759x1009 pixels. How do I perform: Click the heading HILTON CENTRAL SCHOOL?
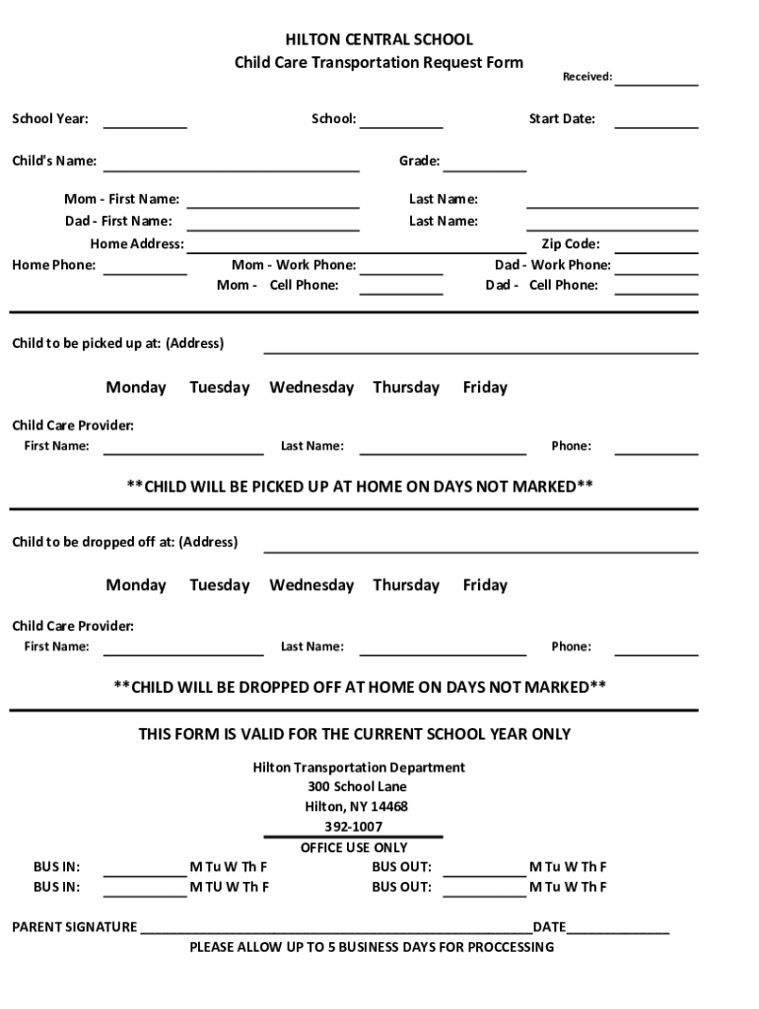(x=379, y=39)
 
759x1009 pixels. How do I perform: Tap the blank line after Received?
(x=655, y=79)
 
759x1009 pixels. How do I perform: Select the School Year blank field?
(x=145, y=121)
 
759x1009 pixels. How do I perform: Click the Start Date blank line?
(x=655, y=121)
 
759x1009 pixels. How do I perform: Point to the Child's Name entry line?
(x=232, y=164)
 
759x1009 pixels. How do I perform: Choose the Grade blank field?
(x=484, y=164)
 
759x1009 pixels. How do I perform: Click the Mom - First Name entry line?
(x=273, y=201)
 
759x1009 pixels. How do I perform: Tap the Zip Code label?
(x=570, y=243)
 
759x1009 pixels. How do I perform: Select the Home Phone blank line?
(x=145, y=267)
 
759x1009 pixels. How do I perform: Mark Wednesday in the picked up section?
(x=311, y=387)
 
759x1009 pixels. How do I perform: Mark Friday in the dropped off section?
(x=485, y=585)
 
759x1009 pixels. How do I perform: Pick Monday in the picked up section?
(x=136, y=387)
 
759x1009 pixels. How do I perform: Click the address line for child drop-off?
(x=480, y=545)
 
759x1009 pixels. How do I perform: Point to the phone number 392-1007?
(x=353, y=827)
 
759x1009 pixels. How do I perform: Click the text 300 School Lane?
(x=357, y=786)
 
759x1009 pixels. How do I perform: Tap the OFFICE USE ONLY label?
(x=353, y=847)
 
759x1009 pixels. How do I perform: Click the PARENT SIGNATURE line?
(x=335, y=928)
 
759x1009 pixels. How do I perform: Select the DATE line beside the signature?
(x=618, y=928)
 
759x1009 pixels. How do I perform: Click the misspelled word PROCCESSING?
(x=504, y=947)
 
